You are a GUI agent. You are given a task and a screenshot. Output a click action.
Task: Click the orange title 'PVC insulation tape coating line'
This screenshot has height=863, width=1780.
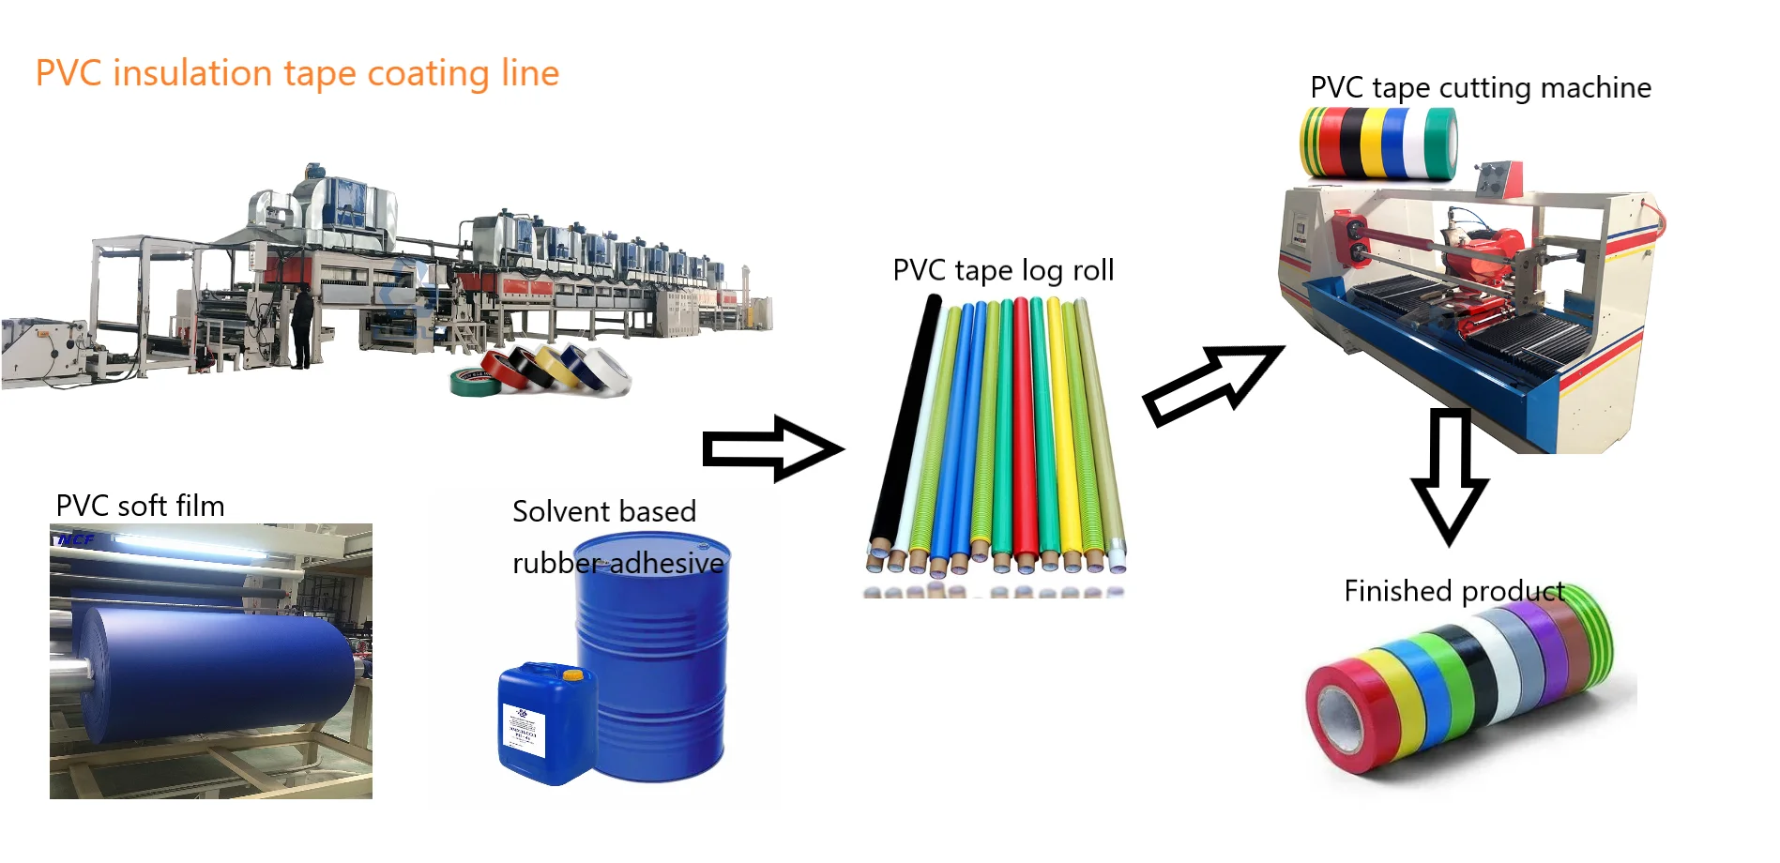tap(297, 73)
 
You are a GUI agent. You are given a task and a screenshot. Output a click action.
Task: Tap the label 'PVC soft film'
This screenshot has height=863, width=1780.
tap(140, 506)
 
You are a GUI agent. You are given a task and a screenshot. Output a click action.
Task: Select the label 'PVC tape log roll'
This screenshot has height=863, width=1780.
tap(1003, 270)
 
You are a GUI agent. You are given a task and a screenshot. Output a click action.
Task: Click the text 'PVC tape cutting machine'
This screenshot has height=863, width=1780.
tap(1480, 87)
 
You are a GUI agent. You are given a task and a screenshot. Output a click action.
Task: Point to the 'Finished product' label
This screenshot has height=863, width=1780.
tap(1453, 591)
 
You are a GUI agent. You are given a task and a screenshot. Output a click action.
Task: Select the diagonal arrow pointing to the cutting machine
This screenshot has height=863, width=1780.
tap(1211, 385)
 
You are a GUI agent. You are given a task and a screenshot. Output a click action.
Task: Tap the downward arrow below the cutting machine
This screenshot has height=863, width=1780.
tap(1450, 475)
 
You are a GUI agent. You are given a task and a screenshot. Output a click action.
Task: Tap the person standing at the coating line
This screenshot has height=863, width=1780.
tap(301, 328)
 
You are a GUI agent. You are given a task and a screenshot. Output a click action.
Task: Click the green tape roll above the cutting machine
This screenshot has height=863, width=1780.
tap(1439, 143)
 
